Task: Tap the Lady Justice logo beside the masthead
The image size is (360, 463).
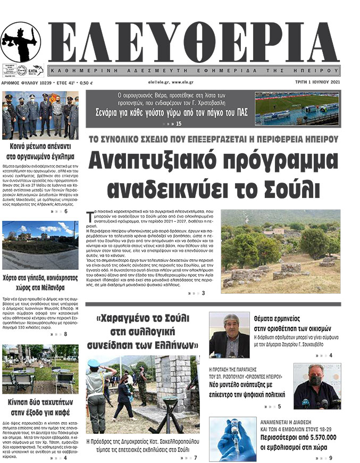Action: [x=21, y=43]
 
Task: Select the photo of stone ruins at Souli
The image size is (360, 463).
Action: [x=280, y=251]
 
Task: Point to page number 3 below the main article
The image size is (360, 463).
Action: [x=203, y=293]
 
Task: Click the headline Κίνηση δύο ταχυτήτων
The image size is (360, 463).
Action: [x=41, y=407]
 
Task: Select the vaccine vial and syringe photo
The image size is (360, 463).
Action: [x=232, y=439]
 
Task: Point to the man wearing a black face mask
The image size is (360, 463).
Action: [x=316, y=386]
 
